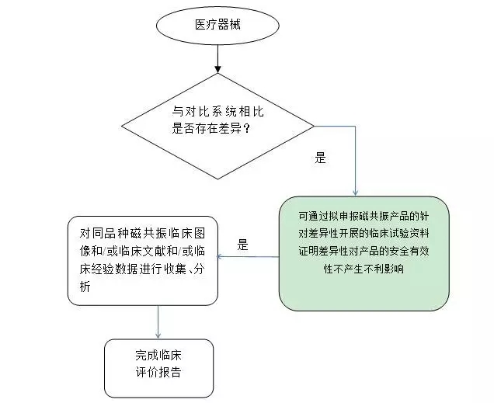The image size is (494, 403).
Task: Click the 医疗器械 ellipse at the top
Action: (217, 26)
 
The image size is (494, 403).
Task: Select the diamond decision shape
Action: (217, 127)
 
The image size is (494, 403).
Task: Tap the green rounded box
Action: (364, 253)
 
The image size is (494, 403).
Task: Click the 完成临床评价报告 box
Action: (158, 368)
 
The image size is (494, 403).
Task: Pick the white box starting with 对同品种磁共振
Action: (143, 261)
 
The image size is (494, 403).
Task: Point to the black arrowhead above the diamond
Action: (217, 69)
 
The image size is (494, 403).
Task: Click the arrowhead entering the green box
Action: (356, 193)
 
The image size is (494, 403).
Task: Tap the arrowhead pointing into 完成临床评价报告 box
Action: (158, 335)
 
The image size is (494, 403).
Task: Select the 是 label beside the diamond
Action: (320, 158)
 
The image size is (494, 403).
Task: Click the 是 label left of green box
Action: (242, 245)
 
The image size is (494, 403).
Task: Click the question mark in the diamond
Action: (247, 129)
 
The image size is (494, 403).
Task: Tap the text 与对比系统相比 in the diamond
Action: (217, 112)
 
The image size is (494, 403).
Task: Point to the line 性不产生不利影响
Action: (364, 269)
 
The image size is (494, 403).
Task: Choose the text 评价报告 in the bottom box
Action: (158, 372)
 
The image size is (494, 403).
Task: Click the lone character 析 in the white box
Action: (85, 287)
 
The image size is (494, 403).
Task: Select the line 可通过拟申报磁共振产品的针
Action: (364, 216)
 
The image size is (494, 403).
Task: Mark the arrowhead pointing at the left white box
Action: (221, 256)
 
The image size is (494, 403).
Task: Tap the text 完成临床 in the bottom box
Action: (158, 355)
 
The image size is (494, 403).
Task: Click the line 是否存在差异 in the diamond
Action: (207, 129)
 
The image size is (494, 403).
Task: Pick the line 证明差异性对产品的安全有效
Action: (364, 252)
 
